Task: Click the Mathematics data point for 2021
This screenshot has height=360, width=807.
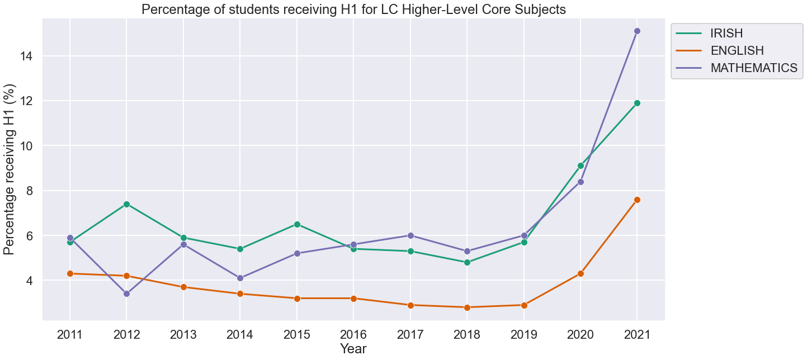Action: point(637,31)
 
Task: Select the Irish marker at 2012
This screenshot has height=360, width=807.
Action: point(126,204)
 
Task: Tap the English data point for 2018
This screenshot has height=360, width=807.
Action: point(467,307)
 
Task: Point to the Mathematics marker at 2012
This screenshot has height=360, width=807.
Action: point(126,293)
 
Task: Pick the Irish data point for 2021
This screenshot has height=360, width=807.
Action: point(637,103)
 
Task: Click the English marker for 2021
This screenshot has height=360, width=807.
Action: point(637,200)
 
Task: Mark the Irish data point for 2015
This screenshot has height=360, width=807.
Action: point(297,224)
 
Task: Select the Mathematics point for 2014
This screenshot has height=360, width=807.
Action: point(240,278)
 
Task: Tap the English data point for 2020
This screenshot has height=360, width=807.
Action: point(581,273)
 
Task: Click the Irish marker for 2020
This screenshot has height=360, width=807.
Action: point(581,165)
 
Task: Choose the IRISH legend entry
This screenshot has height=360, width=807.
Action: point(726,33)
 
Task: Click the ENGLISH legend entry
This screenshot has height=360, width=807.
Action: point(737,50)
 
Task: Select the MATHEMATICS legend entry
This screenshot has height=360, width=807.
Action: point(753,68)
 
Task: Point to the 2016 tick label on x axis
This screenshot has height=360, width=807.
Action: point(353,335)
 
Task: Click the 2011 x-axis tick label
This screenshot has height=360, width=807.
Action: point(70,335)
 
